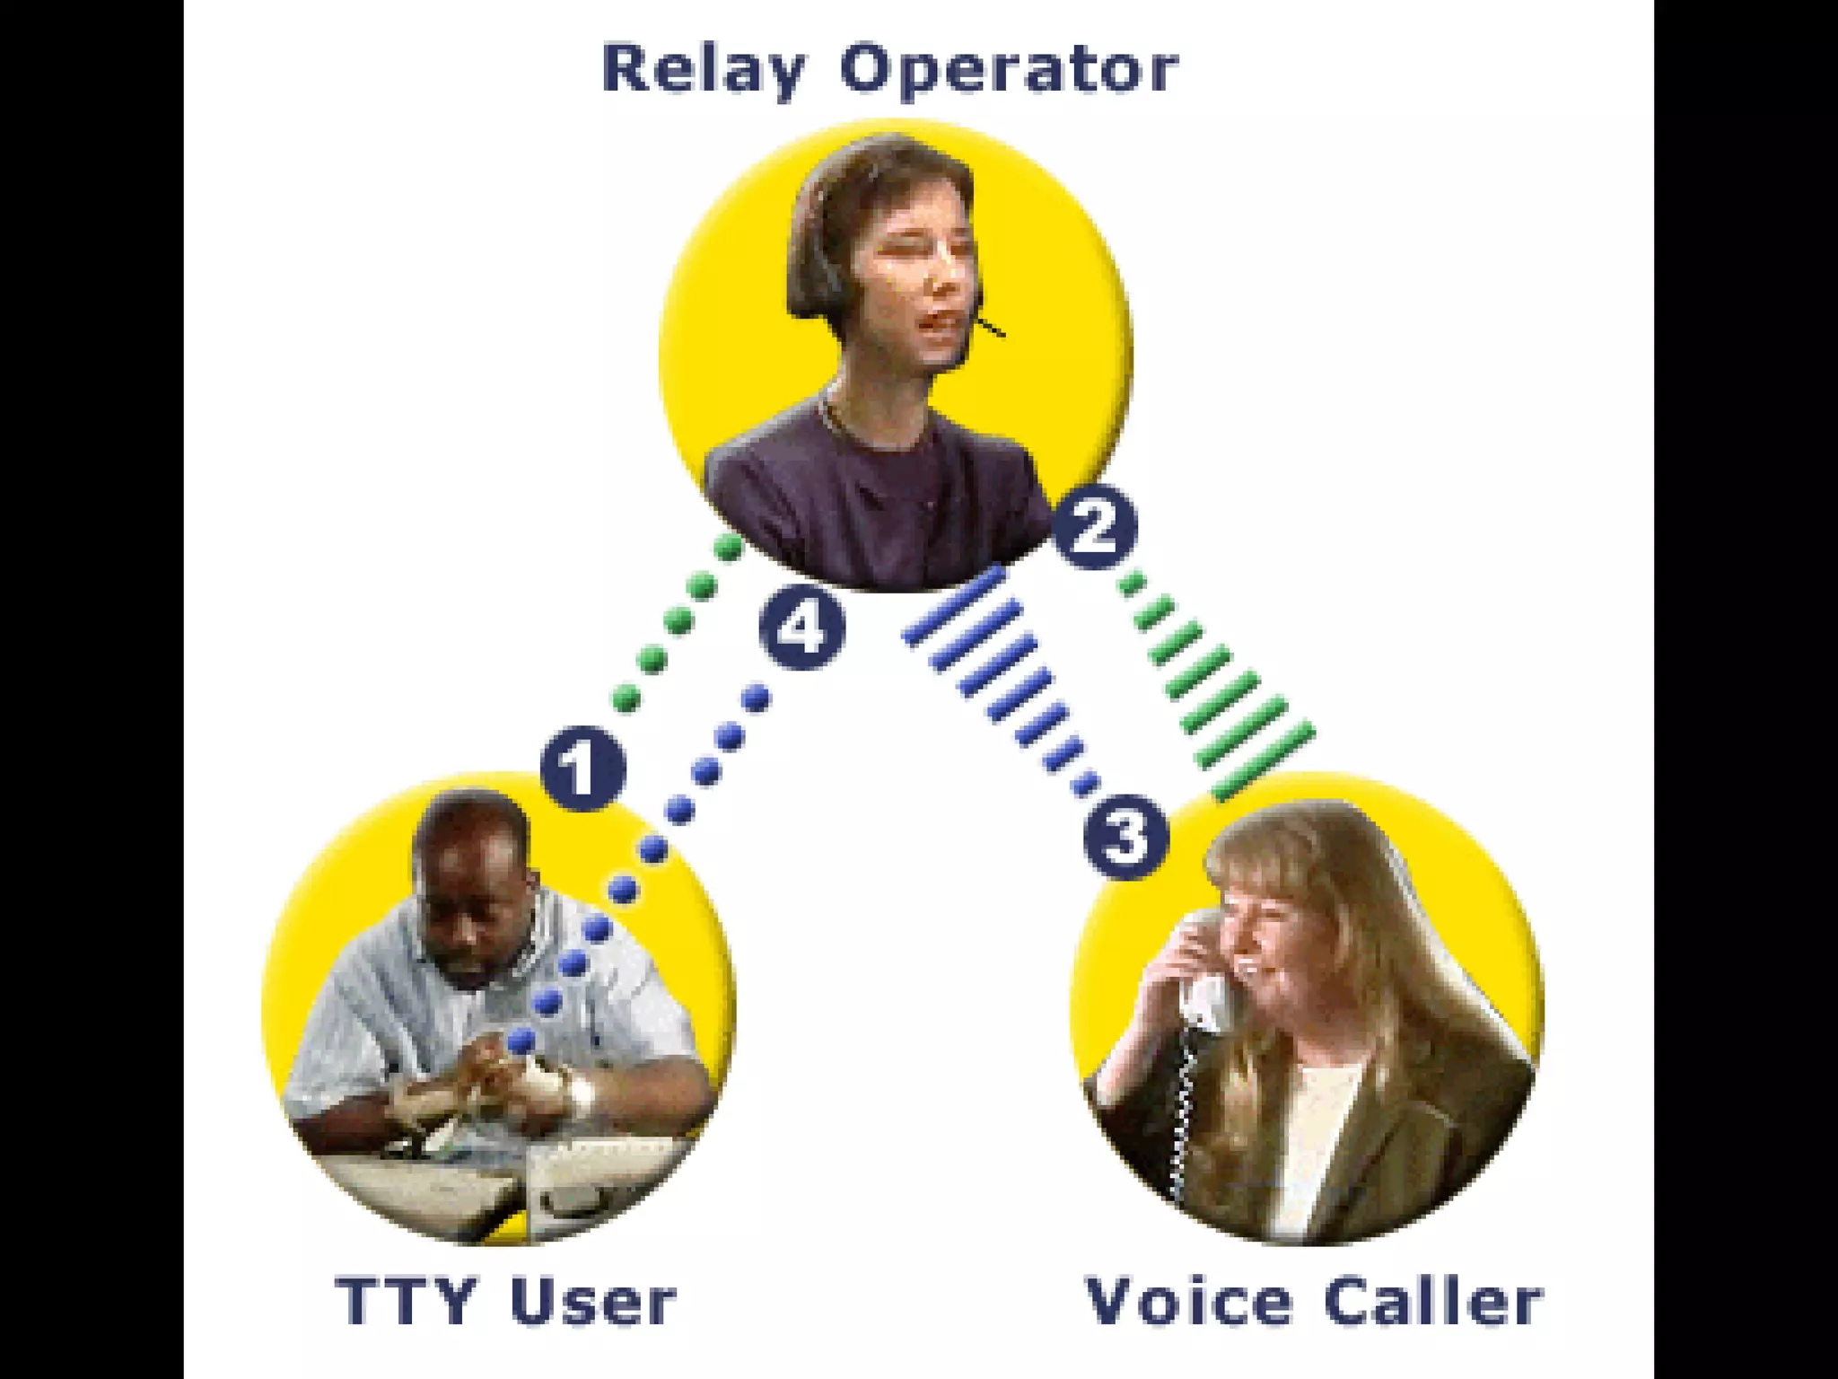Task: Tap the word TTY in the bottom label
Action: coord(405,1301)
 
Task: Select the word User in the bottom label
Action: coord(592,1301)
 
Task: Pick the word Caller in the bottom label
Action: coord(1433,1301)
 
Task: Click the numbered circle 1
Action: coord(582,769)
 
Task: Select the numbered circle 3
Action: coord(1125,837)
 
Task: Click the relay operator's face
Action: coord(915,269)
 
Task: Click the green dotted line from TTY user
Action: coord(678,620)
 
